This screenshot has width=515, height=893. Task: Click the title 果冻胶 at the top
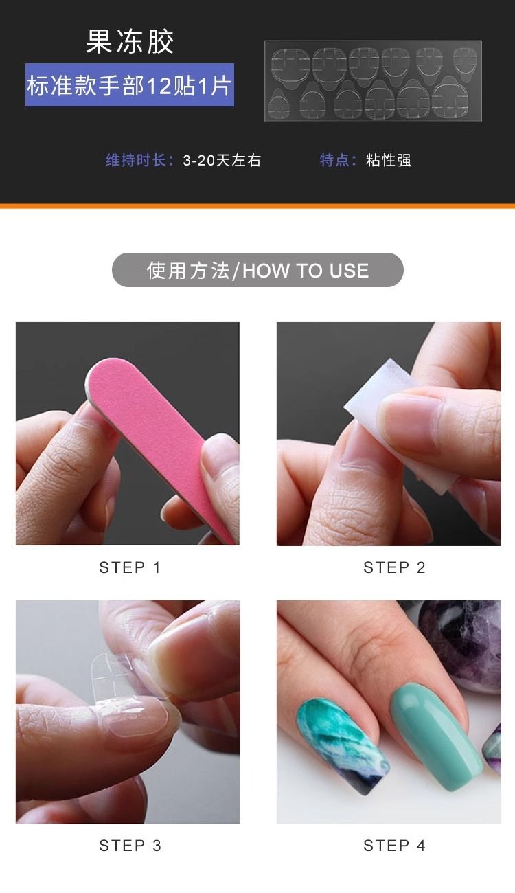click(130, 41)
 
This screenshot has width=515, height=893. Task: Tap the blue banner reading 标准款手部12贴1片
click(130, 85)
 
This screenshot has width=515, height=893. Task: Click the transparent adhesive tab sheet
click(373, 81)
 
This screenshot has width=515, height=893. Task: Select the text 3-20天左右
click(222, 160)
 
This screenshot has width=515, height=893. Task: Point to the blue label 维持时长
click(136, 160)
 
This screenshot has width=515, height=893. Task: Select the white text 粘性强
click(388, 160)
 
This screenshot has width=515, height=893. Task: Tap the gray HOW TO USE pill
click(257, 270)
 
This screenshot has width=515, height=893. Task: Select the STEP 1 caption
click(130, 567)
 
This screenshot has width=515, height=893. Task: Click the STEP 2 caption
click(394, 567)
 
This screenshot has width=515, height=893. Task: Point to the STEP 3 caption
click(130, 846)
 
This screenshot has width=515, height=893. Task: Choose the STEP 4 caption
click(394, 846)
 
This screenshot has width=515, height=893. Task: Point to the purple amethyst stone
click(462, 646)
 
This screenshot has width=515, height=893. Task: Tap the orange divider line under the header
click(257, 206)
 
